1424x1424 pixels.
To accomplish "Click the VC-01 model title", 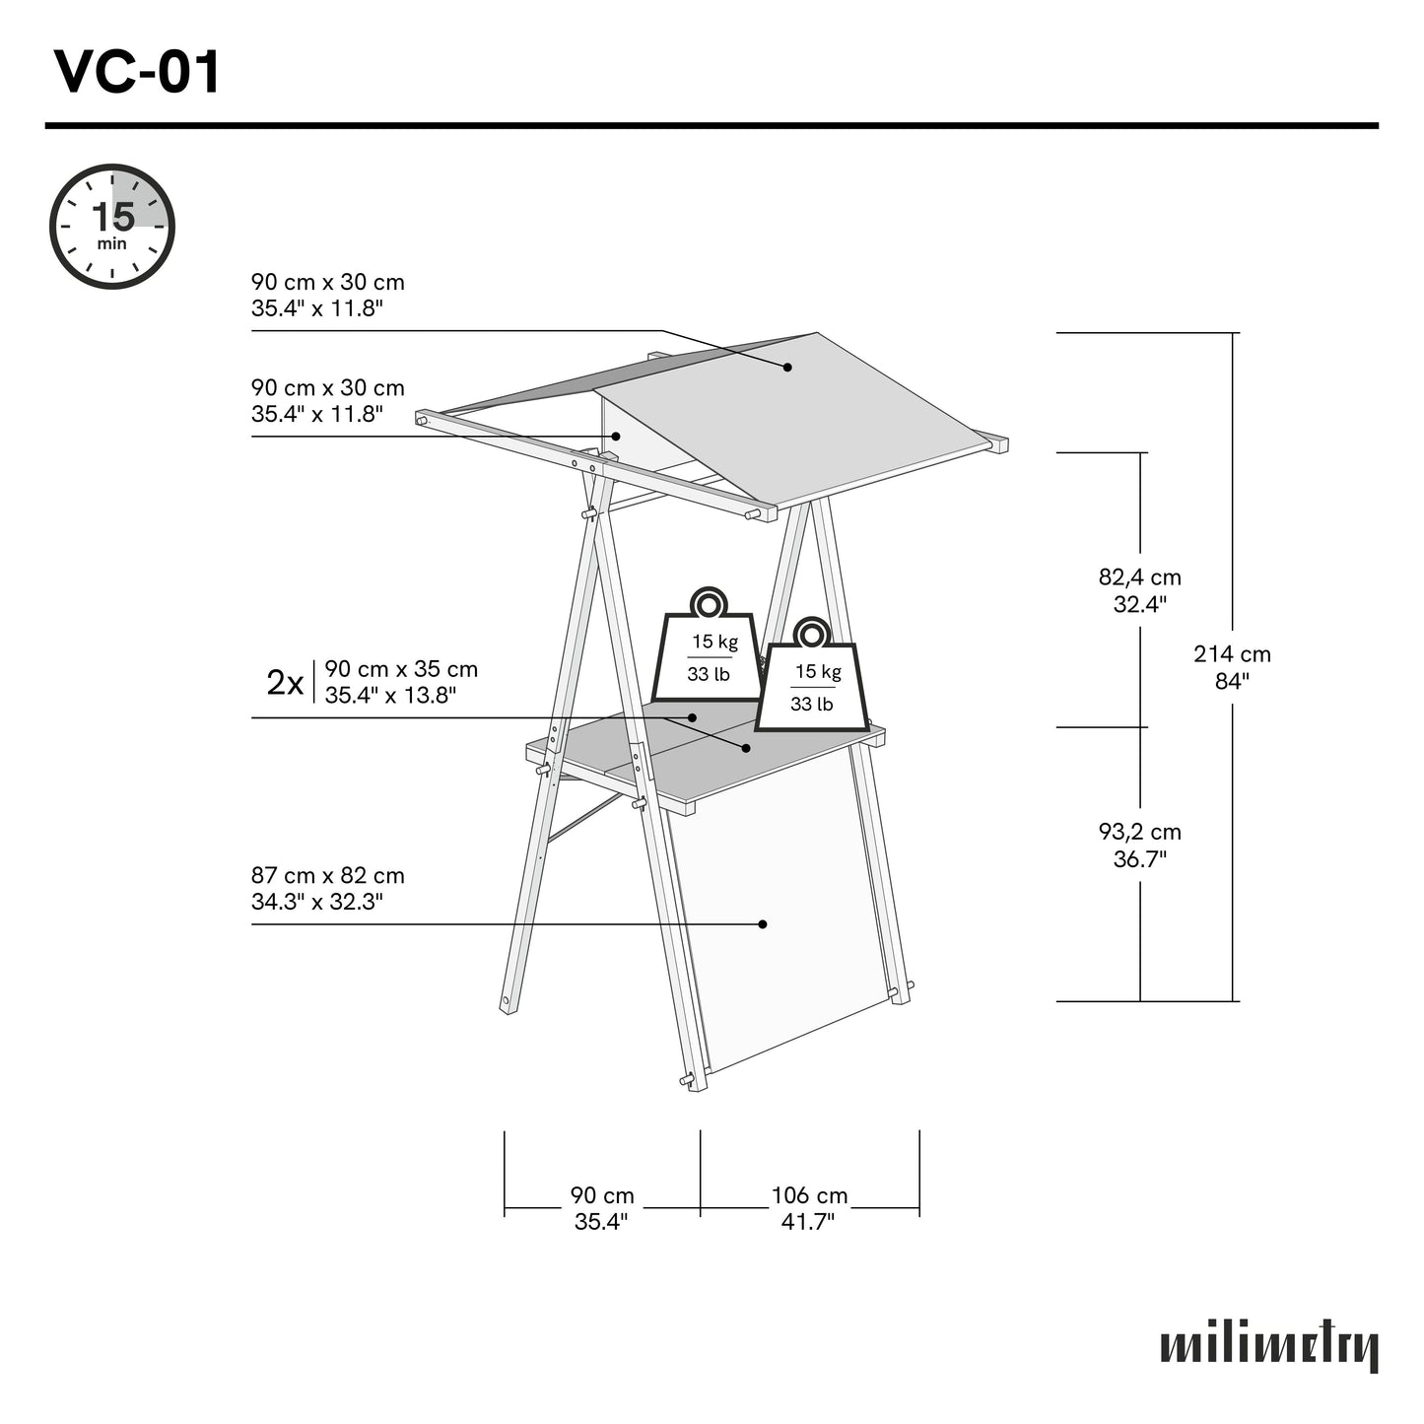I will pos(138,72).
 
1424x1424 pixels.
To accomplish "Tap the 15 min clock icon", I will pos(112,227).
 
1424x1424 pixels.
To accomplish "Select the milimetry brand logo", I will pos(1269,1347).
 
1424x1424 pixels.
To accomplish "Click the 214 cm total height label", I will pos(1232,667).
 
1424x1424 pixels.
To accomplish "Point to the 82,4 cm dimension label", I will pos(1139,590).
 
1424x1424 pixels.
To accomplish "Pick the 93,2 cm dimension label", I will pos(1139,845).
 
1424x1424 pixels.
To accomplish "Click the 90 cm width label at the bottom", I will pos(601,1207).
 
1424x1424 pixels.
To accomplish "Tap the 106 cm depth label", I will pos(809,1207).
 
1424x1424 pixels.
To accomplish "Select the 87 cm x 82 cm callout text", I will pos(327,888).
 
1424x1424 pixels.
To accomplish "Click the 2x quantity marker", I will pos(285,682).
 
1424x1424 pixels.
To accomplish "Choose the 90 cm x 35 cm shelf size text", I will pos(401,682).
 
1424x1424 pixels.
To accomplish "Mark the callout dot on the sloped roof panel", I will pos(787,367).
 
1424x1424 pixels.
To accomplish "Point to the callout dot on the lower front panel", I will pos(763,924).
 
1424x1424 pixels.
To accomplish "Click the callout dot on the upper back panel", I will pos(617,436).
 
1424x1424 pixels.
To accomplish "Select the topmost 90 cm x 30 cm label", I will pos(327,295).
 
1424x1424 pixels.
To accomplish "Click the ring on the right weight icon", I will pos(812,633).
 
